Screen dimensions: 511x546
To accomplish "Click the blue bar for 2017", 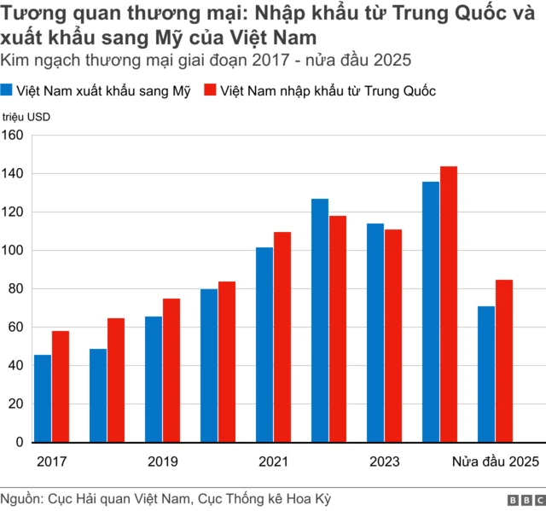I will pos(43,398).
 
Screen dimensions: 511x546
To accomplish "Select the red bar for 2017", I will pos(61,386).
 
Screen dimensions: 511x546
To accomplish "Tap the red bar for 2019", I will pos(171,370).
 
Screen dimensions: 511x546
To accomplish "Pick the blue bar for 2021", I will pos(264,345).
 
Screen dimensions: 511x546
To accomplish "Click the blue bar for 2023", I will pos(375,333).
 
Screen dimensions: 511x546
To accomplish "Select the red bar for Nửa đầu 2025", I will pos(504,361).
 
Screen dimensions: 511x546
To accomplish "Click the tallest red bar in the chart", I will pos(449,304).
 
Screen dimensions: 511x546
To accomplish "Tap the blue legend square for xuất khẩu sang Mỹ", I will pos(8,90).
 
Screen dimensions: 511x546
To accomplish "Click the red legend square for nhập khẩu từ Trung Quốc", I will pos(210,90).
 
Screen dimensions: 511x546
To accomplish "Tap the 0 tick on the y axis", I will pos(20,443).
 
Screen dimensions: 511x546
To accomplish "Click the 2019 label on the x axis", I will pos(163,462).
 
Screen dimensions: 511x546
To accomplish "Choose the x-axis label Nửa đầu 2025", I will pos(495,462).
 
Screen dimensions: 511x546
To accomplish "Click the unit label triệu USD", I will pos(26,118).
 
